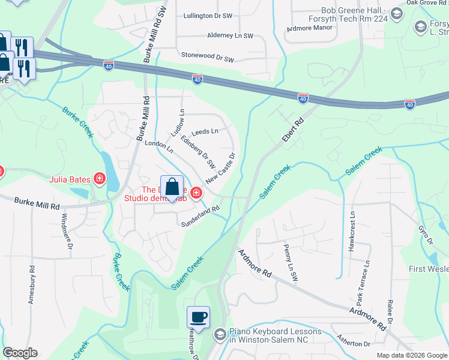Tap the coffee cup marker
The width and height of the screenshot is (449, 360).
click(x=198, y=316)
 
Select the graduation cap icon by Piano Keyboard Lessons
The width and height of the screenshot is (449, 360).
click(x=220, y=334)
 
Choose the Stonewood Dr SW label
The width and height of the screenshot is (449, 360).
click(x=207, y=56)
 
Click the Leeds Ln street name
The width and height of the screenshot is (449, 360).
click(x=205, y=131)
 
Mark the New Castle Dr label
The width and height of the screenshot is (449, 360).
click(x=220, y=167)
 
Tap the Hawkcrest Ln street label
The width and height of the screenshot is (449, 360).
click(x=352, y=230)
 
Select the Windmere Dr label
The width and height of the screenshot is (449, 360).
click(x=69, y=230)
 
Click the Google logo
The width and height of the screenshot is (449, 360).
click(x=20, y=353)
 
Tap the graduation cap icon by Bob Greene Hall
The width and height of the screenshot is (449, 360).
click(x=397, y=13)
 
